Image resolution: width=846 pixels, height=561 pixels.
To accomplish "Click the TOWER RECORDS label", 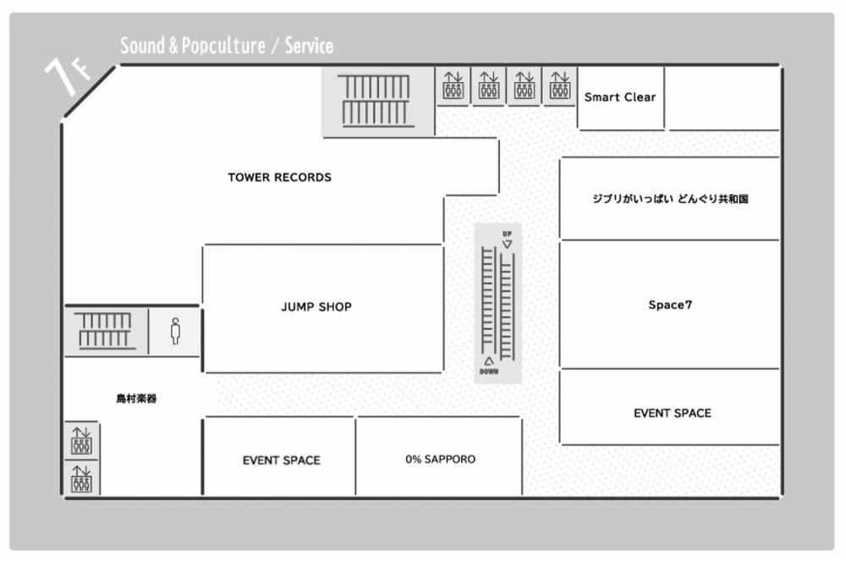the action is pyautogui.click(x=279, y=178).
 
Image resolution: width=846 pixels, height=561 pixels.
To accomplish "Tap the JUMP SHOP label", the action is pyautogui.click(x=316, y=307).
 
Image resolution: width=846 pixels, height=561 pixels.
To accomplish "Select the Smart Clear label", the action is pyautogui.click(x=620, y=97).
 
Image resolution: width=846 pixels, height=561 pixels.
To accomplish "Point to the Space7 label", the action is pyautogui.click(x=670, y=305).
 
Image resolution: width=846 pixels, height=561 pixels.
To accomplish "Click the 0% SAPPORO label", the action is pyautogui.click(x=440, y=459).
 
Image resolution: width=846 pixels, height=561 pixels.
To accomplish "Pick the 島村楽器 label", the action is pyautogui.click(x=136, y=399).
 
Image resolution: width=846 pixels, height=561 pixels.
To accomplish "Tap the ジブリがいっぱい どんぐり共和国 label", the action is pyautogui.click(x=670, y=199).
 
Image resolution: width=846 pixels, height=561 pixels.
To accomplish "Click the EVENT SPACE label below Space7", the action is pyautogui.click(x=673, y=413).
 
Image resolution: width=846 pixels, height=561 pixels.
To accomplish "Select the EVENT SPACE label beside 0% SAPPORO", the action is pyautogui.click(x=281, y=460).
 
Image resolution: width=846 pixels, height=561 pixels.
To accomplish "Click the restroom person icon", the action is pyautogui.click(x=175, y=331).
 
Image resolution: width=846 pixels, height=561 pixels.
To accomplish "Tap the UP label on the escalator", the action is pyautogui.click(x=507, y=234).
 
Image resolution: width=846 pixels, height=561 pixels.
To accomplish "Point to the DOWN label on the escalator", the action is pyautogui.click(x=489, y=371).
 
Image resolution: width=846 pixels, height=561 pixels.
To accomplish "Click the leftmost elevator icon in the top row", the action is pyautogui.click(x=453, y=85).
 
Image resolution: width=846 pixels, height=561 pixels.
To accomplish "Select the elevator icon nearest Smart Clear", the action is pyautogui.click(x=560, y=85).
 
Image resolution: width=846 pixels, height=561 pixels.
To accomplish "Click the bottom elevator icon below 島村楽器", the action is pyautogui.click(x=81, y=479).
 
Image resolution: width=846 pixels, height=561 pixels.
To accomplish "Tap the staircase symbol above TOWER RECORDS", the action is pyautogui.click(x=376, y=101).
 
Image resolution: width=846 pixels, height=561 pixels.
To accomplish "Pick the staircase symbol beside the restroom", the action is pyautogui.click(x=105, y=331).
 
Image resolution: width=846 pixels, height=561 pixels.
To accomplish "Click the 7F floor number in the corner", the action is pyautogui.click(x=66, y=75).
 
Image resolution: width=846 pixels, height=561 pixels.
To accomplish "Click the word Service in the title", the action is pyautogui.click(x=309, y=46).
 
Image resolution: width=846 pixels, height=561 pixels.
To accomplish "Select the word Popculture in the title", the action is pyautogui.click(x=223, y=46).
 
